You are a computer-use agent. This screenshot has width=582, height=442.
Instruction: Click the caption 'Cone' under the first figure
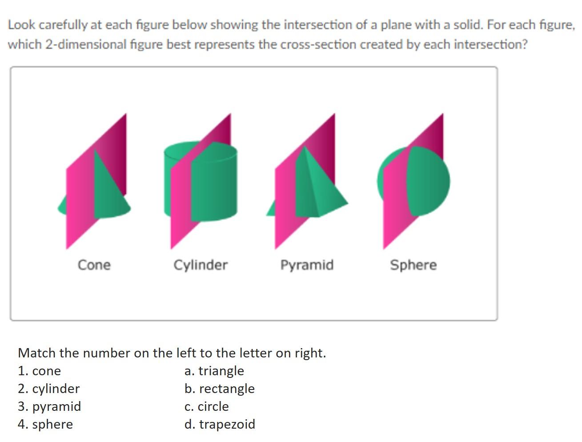pos(94,265)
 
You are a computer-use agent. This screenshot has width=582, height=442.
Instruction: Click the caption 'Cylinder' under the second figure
pos(200,265)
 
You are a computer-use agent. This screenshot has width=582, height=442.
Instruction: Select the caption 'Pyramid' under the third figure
pos(307,265)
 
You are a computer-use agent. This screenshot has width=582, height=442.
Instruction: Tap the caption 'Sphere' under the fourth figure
pos(413,265)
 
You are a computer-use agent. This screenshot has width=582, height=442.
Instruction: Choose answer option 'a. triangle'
pos(214,371)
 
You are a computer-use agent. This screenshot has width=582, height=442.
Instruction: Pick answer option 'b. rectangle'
pos(219,389)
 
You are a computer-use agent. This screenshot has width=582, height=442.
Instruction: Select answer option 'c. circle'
pos(206,406)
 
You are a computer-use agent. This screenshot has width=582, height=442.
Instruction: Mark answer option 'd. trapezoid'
pos(220,424)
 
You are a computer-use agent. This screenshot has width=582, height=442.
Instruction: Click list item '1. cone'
pos(39,371)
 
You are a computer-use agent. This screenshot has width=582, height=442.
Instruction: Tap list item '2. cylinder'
pos(48,389)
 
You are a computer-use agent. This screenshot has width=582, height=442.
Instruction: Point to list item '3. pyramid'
pos(49,406)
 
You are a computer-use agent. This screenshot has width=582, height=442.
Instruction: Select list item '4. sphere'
pos(45,424)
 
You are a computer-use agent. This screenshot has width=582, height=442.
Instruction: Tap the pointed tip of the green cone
pos(95,150)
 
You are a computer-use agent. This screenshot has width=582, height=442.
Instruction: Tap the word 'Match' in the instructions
pos(37,353)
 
